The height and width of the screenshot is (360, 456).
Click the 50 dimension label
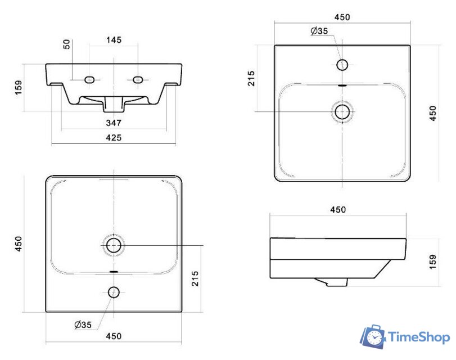coord(66,44)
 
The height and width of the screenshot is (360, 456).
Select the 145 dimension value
coord(114,40)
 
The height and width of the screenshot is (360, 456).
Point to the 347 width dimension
coord(114,123)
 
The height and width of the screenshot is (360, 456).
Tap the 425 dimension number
coord(114,137)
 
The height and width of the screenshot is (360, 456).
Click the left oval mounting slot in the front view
coord(89,79)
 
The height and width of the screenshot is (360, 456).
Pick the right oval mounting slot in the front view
coord(138,79)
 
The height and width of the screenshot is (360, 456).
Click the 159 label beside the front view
coord(18,88)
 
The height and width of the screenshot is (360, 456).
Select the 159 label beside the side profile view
coord(433,262)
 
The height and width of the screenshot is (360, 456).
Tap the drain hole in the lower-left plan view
coord(114,245)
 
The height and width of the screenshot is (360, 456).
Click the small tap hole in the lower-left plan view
coord(114,292)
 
